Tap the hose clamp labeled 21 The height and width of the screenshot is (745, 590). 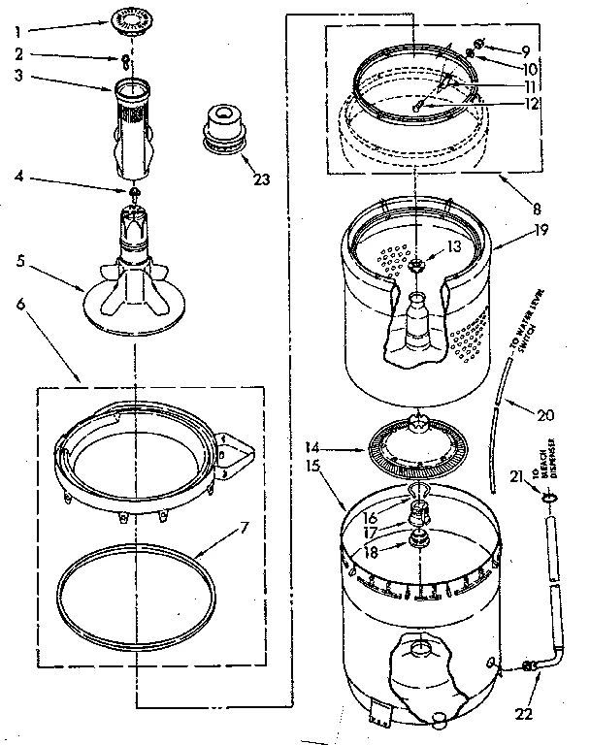coord(551,498)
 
